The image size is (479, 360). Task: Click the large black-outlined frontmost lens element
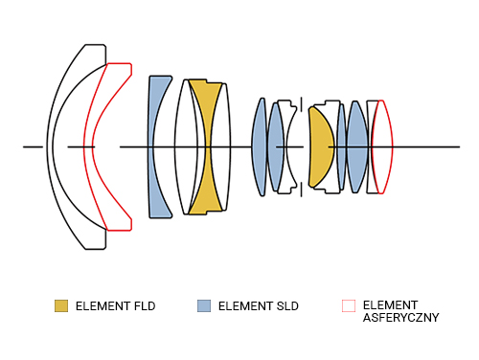[51, 146]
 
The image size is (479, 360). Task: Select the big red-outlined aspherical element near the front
[88, 146]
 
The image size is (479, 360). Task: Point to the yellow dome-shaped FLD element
[321, 146]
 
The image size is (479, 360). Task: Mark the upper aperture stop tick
[301, 104]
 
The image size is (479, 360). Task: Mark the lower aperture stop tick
[301, 190]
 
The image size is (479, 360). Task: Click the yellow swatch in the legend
[61, 305]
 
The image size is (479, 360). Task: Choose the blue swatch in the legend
[204, 305]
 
